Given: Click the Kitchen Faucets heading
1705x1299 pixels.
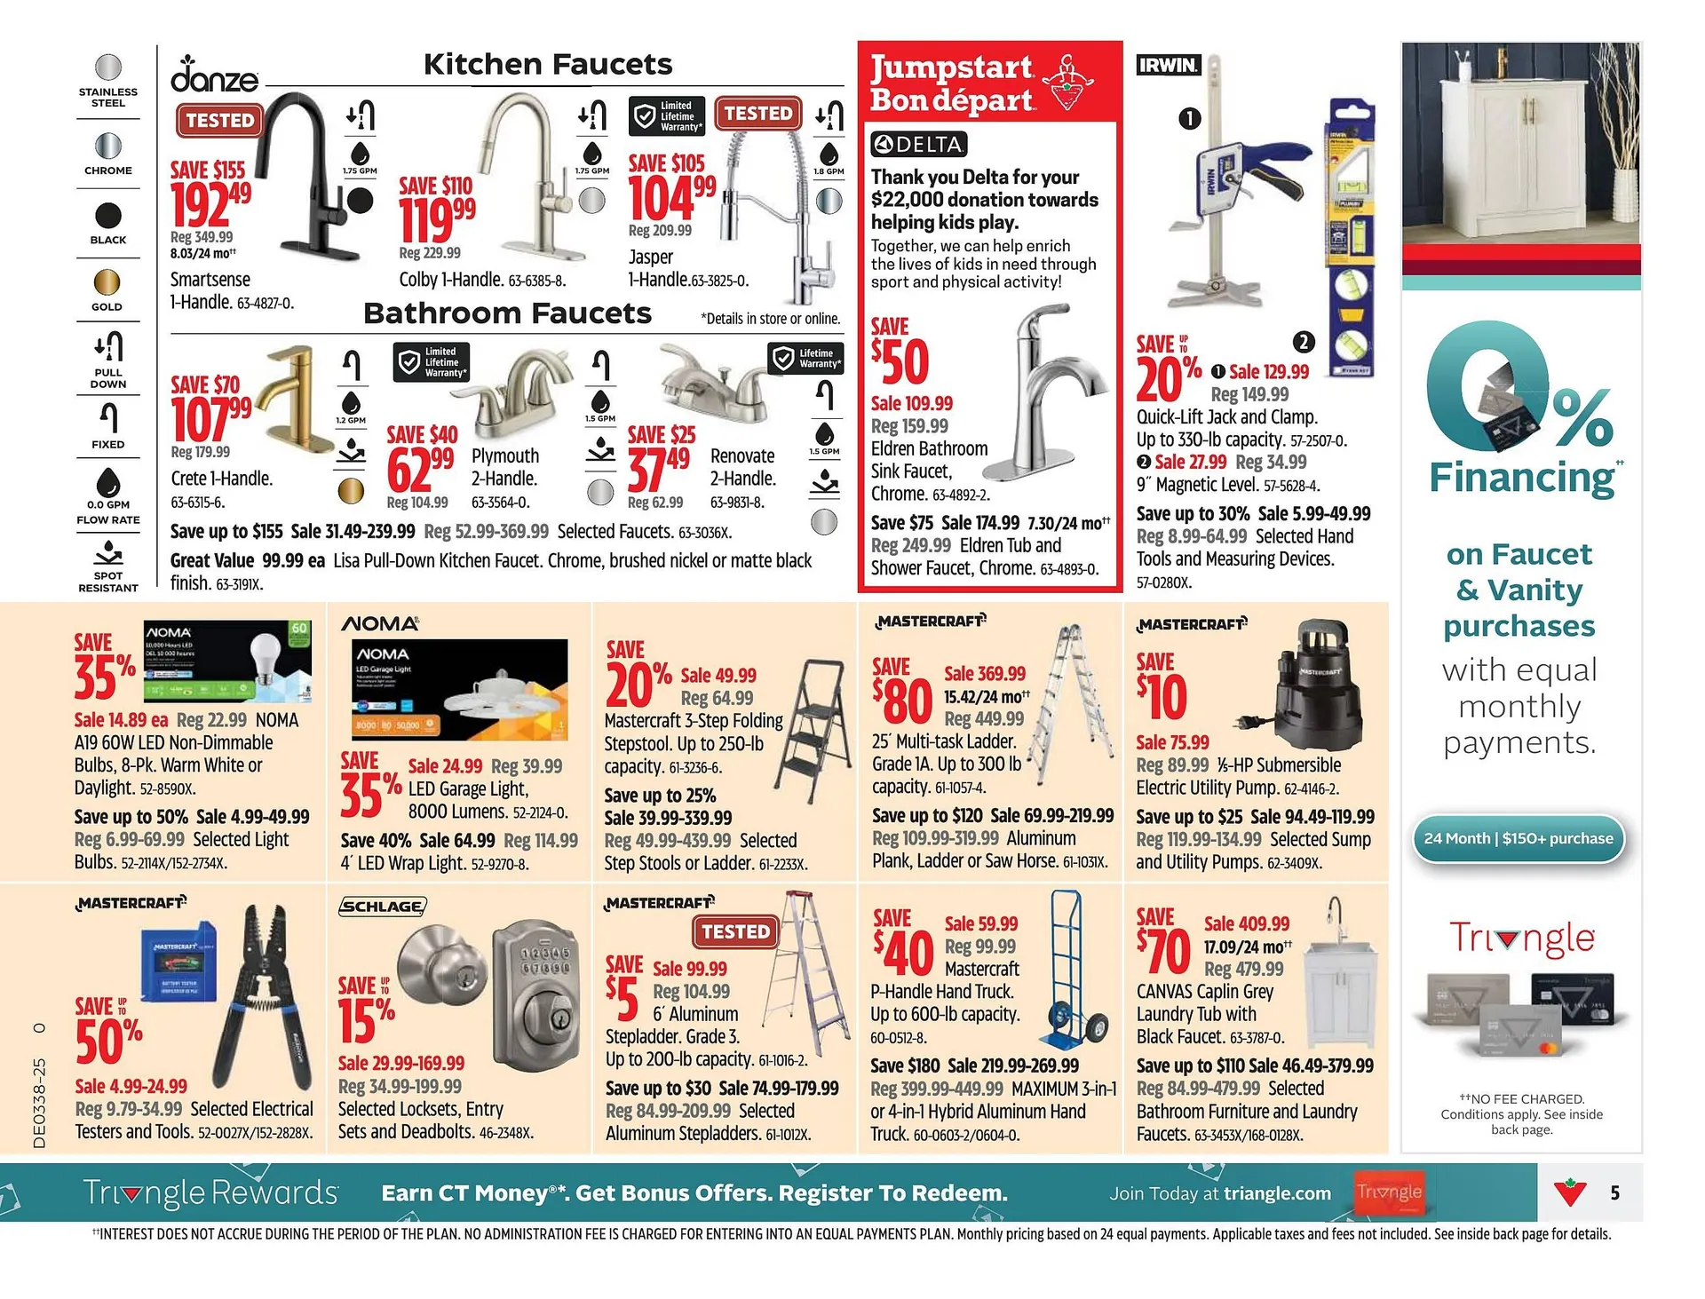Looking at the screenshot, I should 547,64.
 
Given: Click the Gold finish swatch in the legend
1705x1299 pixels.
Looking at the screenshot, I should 107,282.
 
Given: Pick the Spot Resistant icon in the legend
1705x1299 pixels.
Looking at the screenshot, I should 107,556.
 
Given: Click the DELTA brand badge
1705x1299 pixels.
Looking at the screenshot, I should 918,144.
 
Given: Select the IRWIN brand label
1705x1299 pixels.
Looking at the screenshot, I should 1168,64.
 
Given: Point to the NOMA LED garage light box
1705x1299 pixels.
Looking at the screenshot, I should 460,689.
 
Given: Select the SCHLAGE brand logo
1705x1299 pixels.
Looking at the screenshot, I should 383,906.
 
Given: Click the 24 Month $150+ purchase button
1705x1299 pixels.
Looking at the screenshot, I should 1518,838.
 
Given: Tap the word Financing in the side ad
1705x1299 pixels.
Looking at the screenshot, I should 1520,478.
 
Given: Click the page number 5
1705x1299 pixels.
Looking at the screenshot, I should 1614,1192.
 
